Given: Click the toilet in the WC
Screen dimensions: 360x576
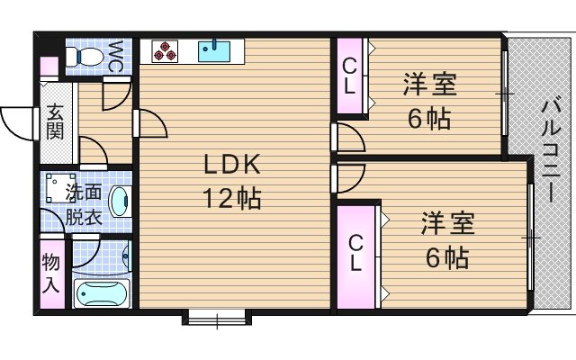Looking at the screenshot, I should (x=89, y=57).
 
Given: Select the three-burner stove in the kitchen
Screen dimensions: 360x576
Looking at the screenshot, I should (x=165, y=52).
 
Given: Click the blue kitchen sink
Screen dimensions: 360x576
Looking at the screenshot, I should (x=215, y=51).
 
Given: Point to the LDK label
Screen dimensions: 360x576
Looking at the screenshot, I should (x=230, y=166).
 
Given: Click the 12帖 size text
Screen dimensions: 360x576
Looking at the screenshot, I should (x=230, y=198).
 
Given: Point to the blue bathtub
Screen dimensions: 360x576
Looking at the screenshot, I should (x=102, y=293).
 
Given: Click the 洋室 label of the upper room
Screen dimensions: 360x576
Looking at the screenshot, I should (x=429, y=86).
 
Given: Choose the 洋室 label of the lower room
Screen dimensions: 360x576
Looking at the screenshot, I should (x=447, y=224).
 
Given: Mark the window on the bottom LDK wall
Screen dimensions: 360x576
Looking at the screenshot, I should (x=216, y=316).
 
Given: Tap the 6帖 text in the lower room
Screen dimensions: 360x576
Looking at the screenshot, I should (x=447, y=259).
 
